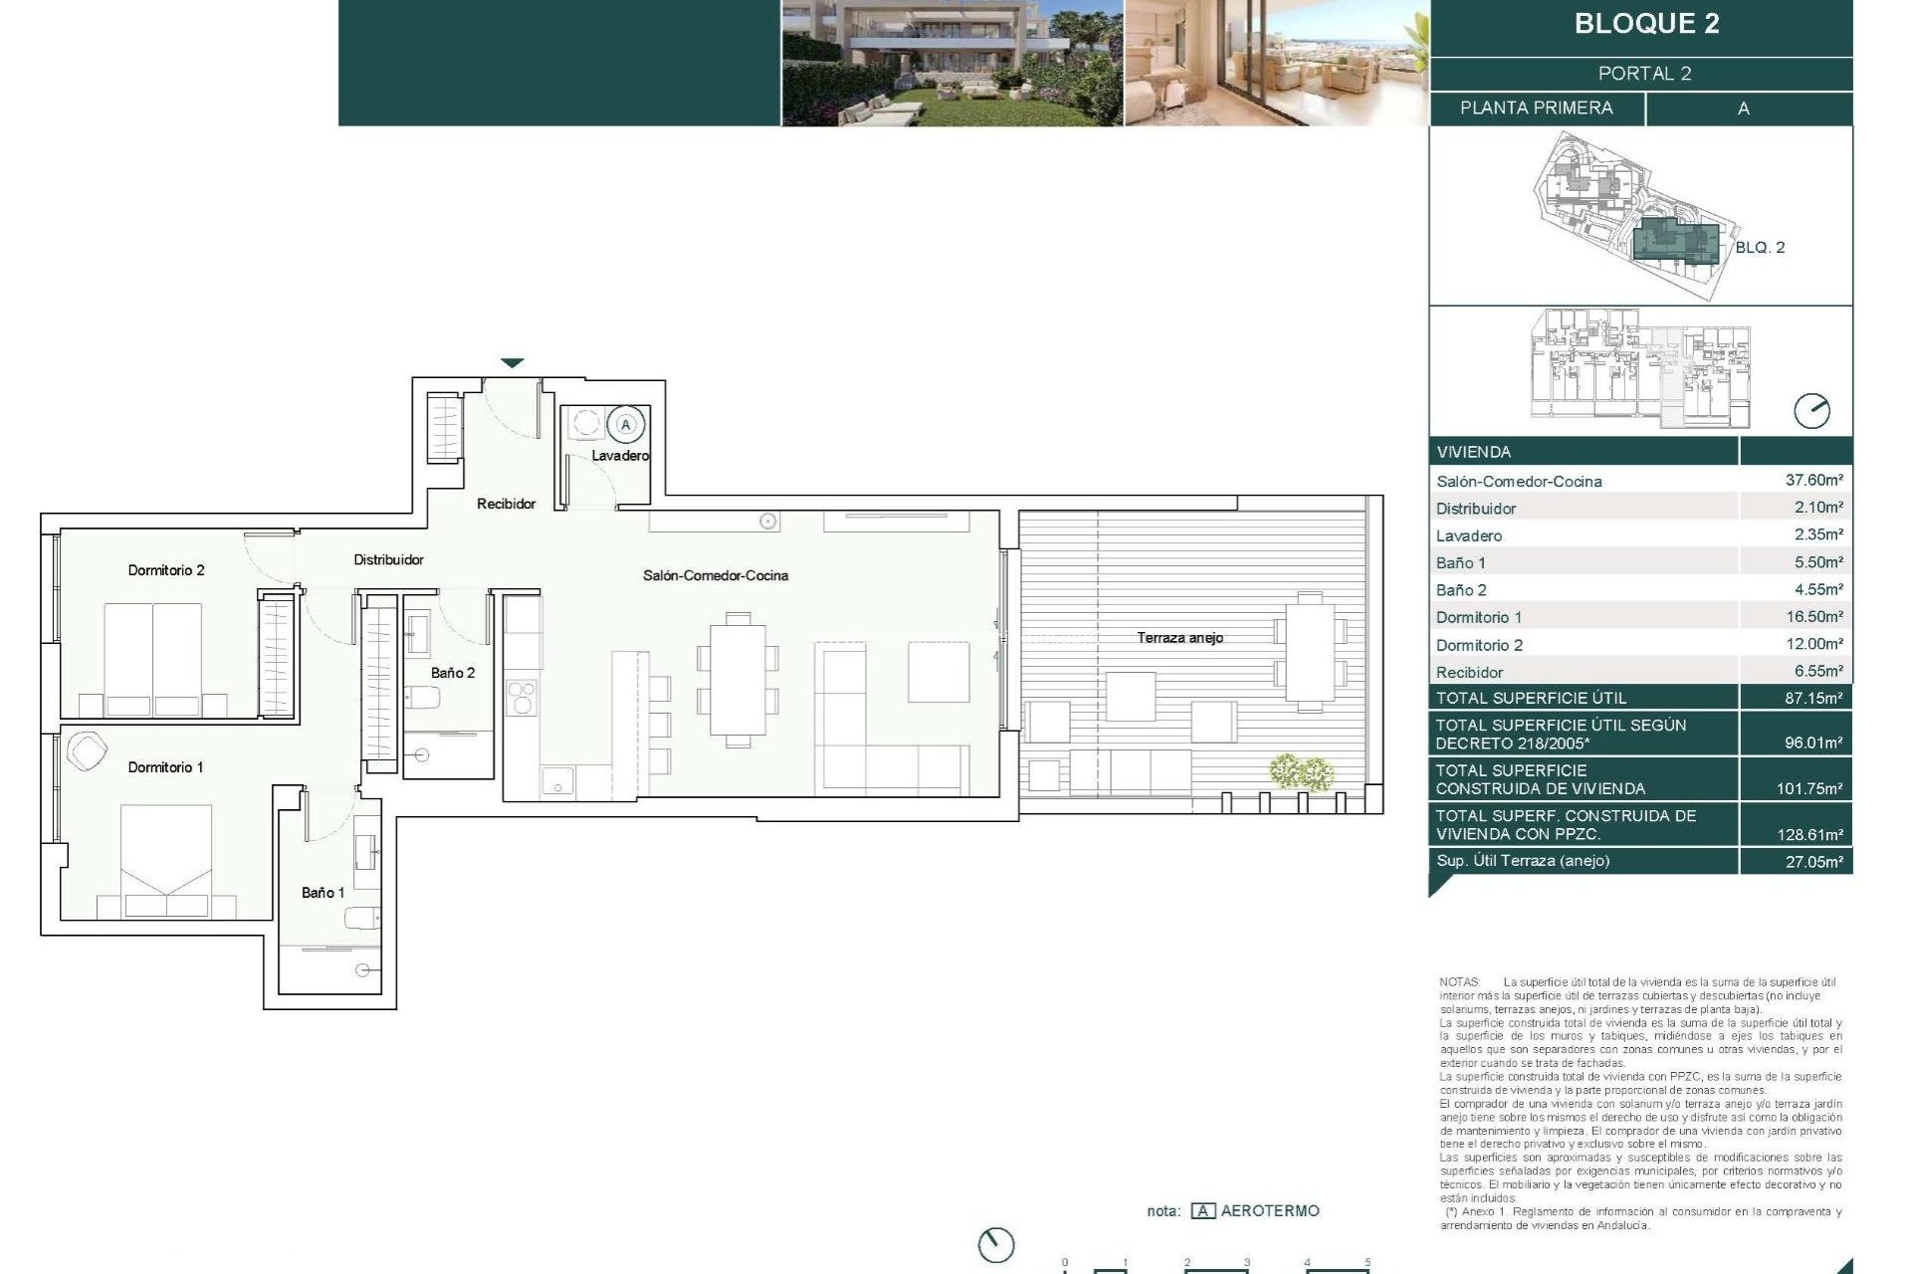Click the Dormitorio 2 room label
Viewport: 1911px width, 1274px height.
coord(166,570)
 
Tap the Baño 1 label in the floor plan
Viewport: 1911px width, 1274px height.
coord(322,893)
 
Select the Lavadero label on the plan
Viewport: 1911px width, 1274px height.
coord(620,456)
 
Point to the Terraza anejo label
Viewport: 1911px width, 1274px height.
coord(1179,638)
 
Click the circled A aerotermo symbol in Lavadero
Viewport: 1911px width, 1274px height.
coord(626,425)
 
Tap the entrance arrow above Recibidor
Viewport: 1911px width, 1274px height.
coord(512,363)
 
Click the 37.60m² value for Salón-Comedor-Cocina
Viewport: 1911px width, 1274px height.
coord(1813,480)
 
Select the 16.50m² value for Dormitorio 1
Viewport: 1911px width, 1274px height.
coord(1813,617)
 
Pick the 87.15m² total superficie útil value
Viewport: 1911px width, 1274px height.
coord(1813,698)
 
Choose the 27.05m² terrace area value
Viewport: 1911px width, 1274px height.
coord(1813,862)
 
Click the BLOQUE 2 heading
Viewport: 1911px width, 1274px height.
coord(1646,24)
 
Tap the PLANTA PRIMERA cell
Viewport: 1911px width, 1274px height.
coord(1536,108)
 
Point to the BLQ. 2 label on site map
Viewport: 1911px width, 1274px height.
coord(1760,248)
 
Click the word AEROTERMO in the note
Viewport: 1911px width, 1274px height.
coord(1269,1211)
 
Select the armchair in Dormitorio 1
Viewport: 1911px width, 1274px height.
coord(86,751)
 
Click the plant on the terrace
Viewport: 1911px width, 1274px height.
coord(1302,771)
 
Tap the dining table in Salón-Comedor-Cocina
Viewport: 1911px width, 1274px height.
coord(738,685)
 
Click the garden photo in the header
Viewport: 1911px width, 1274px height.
coord(953,63)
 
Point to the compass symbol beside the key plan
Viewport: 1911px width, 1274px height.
coord(1811,411)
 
